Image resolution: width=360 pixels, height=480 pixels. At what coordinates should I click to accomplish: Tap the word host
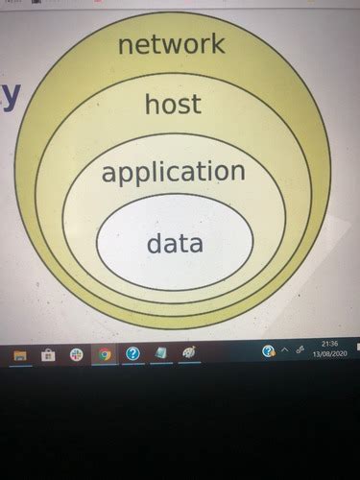click(x=173, y=104)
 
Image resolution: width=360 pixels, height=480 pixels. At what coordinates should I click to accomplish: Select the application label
click(x=173, y=173)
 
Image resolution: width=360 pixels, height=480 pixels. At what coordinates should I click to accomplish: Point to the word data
click(x=175, y=243)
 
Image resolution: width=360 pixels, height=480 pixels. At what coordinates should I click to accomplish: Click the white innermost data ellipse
click(x=175, y=264)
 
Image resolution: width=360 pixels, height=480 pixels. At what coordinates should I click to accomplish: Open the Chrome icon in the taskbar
click(x=105, y=354)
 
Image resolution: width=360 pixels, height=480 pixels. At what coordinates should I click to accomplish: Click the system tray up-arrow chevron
click(x=285, y=351)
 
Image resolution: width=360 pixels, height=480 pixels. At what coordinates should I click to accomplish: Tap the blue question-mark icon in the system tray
click(x=269, y=351)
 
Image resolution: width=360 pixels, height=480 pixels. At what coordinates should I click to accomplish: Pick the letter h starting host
click(x=151, y=104)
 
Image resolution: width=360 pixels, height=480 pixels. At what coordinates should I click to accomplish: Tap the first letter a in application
click(x=108, y=174)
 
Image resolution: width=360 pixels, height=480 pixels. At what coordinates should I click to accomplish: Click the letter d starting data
click(x=153, y=243)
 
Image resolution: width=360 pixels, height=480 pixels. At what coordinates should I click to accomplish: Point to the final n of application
click(x=239, y=173)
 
